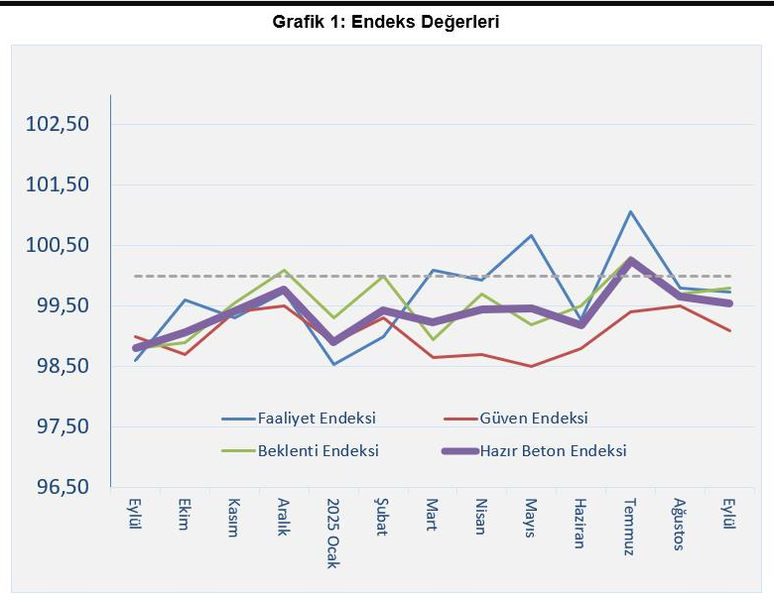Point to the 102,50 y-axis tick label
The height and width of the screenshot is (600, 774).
(58, 124)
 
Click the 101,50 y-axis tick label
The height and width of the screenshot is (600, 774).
(58, 184)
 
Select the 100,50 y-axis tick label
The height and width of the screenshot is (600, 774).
(58, 245)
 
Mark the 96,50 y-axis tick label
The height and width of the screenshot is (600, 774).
(58, 487)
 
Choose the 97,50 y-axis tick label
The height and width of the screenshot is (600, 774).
(58, 426)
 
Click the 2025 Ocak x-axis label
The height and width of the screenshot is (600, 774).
(333, 533)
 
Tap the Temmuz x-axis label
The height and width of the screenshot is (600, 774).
(629, 526)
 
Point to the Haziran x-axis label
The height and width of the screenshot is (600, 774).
(580, 522)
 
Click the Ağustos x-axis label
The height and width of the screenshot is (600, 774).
(679, 525)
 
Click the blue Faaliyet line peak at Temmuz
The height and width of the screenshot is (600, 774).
(630, 211)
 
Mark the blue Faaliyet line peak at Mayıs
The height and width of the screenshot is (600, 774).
(532, 236)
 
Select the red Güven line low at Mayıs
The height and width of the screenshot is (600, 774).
(532, 366)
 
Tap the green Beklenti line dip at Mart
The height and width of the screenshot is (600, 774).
(433, 339)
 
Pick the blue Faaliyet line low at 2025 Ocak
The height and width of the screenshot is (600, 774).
(333, 364)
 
